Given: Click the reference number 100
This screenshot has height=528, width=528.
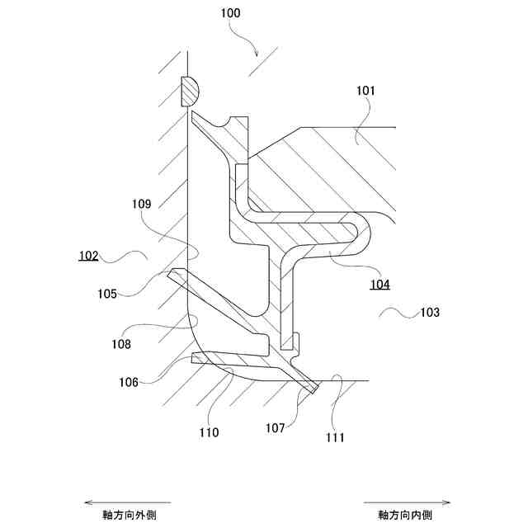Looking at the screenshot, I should (230, 14).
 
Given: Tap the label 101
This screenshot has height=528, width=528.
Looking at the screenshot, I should (365, 92).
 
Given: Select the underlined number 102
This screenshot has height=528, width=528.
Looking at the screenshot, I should (88, 256).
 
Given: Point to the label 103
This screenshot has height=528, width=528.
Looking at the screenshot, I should (430, 313).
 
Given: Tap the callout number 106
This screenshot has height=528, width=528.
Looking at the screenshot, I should (128, 381).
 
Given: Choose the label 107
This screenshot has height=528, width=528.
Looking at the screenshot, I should (276, 428).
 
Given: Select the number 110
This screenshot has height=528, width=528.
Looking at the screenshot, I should (210, 432).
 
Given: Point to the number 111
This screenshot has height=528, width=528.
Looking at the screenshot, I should (335, 437).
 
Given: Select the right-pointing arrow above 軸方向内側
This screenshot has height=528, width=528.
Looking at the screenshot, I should (407, 502).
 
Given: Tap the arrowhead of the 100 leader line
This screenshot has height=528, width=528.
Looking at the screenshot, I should (258, 54).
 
